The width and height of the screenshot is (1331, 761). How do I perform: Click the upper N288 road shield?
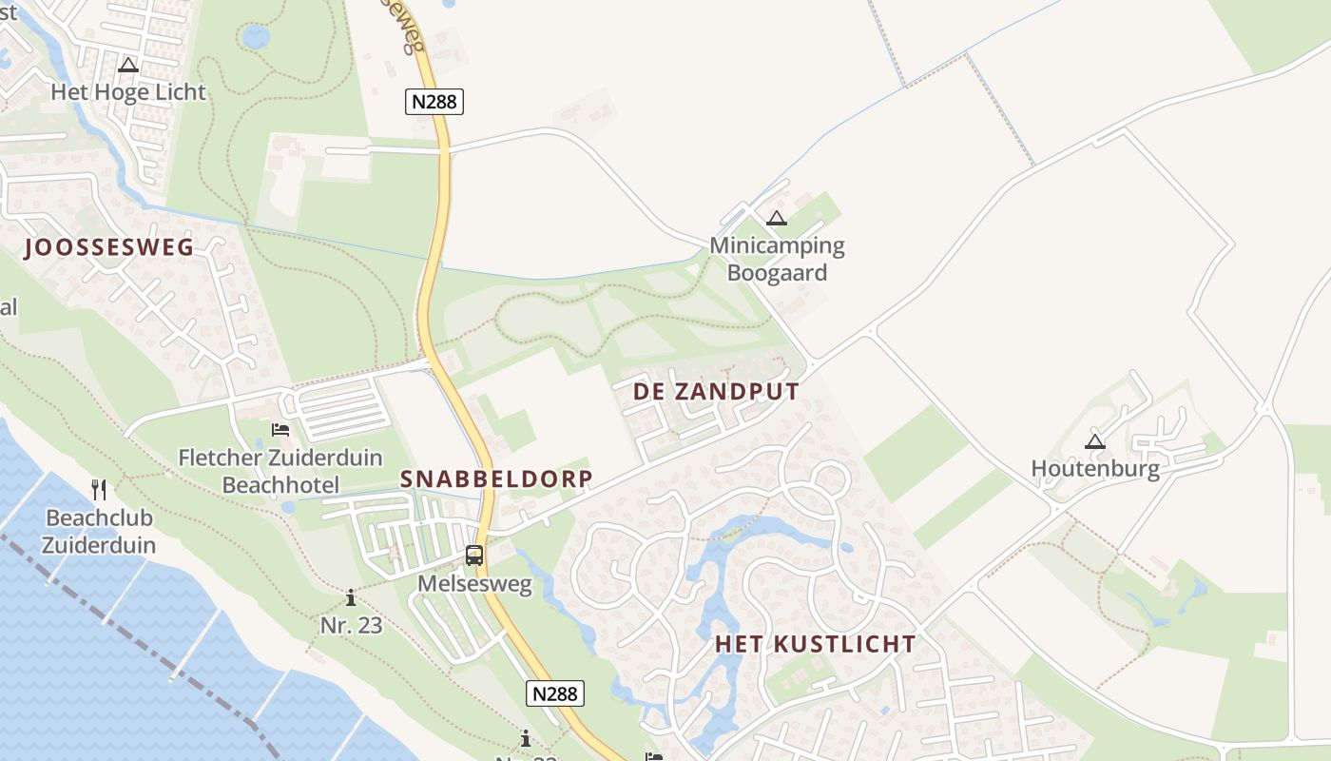pyautogui.click(x=434, y=101)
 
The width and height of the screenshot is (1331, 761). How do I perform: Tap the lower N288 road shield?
pyautogui.click(x=555, y=693)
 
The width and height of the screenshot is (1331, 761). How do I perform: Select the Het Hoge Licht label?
pyautogui.click(x=128, y=92)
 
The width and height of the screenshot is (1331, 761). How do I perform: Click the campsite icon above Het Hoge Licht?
pyautogui.click(x=128, y=66)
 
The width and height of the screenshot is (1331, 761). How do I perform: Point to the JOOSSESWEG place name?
pyautogui.click(x=109, y=248)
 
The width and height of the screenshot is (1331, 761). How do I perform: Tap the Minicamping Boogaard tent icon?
pyautogui.click(x=777, y=219)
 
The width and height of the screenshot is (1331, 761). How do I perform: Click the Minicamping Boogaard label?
pyautogui.click(x=777, y=259)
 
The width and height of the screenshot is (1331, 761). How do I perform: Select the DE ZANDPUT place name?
pyautogui.click(x=716, y=391)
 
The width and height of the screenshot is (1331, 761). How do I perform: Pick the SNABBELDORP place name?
pyautogui.click(x=496, y=478)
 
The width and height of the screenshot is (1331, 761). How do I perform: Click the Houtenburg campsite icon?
pyautogui.click(x=1095, y=441)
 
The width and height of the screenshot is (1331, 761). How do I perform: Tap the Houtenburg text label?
pyautogui.click(x=1095, y=469)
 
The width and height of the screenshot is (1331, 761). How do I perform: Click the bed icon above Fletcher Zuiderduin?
pyautogui.click(x=280, y=431)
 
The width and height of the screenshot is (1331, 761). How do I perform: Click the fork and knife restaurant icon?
pyautogui.click(x=99, y=490)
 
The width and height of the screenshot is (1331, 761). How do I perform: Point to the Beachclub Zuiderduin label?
pyautogui.click(x=100, y=532)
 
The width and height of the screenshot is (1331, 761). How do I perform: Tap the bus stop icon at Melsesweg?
pyautogui.click(x=474, y=556)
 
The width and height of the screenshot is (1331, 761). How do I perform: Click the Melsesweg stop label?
pyautogui.click(x=474, y=584)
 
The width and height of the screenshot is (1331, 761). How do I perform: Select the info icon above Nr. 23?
pyautogui.click(x=351, y=598)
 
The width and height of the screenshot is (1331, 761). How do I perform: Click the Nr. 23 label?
pyautogui.click(x=351, y=625)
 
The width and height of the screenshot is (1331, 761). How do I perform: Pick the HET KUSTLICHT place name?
pyautogui.click(x=815, y=644)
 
